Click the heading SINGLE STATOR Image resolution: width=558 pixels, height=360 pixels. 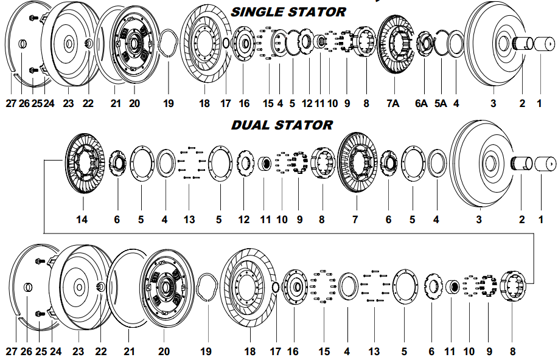[288, 12]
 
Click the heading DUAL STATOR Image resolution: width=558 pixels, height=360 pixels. [282, 125]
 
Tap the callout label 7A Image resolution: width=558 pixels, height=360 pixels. [393, 103]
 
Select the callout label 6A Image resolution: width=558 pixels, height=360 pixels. [421, 103]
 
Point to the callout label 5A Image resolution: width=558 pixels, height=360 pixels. [441, 103]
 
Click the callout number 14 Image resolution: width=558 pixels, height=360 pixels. [82, 219]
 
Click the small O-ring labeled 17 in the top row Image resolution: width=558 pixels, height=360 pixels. [226, 43]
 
